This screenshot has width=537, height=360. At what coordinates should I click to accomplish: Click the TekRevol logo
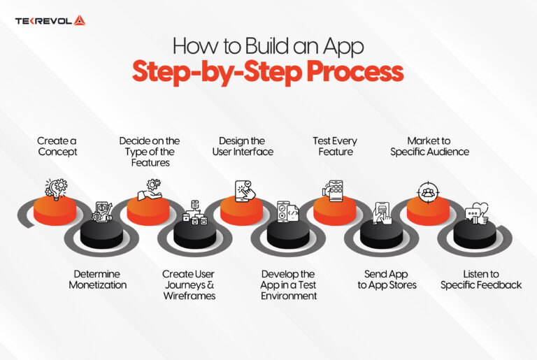(50, 20)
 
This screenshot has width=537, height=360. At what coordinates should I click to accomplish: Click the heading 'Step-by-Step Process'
(268, 72)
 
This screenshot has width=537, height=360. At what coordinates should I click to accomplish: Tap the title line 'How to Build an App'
(268, 45)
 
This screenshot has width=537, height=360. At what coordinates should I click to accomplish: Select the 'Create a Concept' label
(57, 146)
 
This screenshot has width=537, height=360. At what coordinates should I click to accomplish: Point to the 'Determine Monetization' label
(98, 280)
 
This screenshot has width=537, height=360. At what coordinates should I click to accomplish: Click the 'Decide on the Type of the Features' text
(149, 152)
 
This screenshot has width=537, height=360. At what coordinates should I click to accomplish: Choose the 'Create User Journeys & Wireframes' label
(189, 285)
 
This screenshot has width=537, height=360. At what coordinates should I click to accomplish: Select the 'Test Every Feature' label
(334, 146)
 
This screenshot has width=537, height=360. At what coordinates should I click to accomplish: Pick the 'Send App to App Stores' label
(387, 280)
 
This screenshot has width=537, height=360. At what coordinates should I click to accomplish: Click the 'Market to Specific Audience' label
(429, 146)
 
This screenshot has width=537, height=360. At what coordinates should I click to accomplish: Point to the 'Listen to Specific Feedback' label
(480, 280)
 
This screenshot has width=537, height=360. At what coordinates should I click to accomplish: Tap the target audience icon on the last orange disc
(427, 190)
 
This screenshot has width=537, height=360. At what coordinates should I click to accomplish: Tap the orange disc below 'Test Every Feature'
(334, 210)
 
